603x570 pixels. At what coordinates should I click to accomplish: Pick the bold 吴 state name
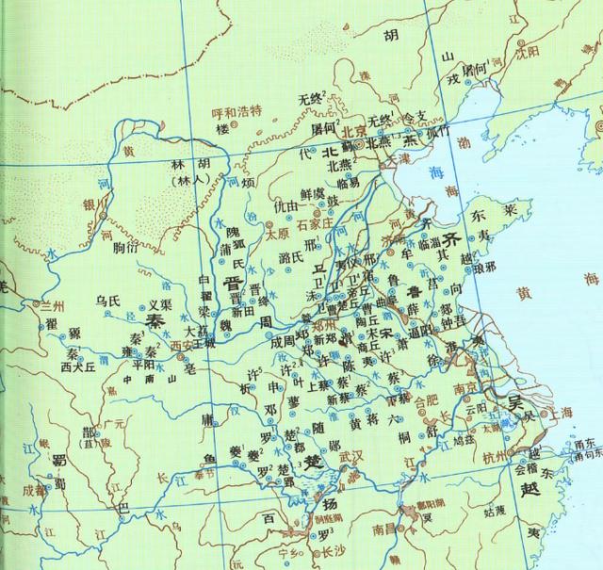pyautogui.click(x=517, y=402)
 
